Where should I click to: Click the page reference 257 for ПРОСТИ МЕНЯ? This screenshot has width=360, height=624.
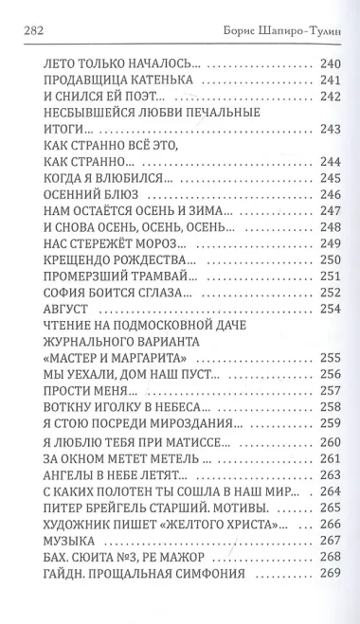(x=331, y=391)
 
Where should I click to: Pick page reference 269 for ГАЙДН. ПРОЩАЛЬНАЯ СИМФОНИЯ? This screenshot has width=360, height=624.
(x=331, y=574)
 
